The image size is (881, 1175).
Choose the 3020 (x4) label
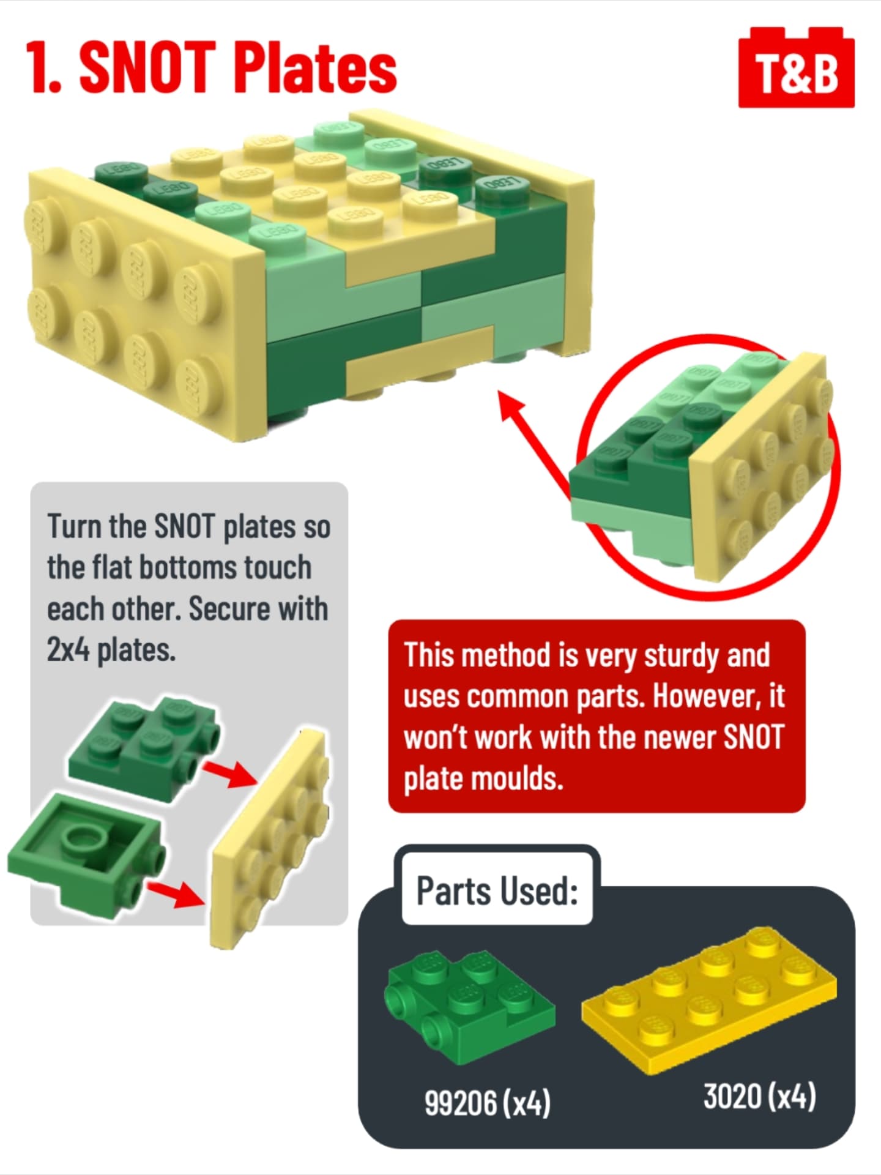[759, 1096]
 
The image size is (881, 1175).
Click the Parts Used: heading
[497, 891]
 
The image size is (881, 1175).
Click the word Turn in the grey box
[74, 526]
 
